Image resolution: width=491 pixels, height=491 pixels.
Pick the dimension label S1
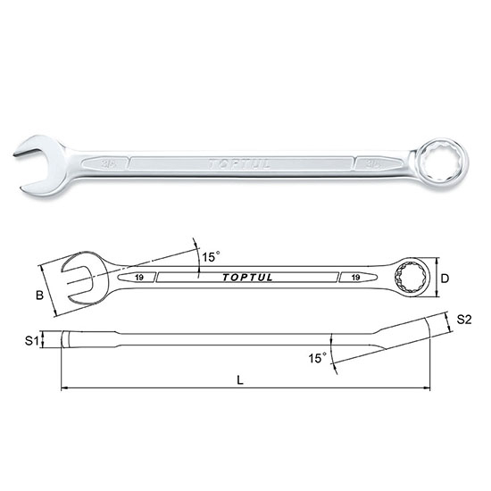point(29,340)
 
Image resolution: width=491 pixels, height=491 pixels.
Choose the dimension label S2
point(463,319)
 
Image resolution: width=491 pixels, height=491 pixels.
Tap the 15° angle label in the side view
point(317,358)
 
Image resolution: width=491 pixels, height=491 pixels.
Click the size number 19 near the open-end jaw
point(141,279)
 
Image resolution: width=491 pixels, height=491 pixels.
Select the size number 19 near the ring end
point(355,278)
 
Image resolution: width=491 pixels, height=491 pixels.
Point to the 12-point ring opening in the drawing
point(415,276)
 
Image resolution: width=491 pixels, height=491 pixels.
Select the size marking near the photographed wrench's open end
point(108,164)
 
